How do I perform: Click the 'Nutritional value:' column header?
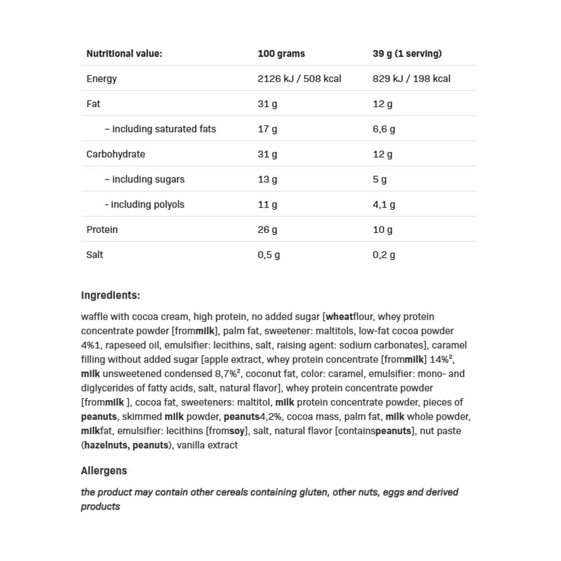(x=124, y=54)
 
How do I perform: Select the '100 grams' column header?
(x=281, y=54)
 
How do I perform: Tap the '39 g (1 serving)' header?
(x=407, y=54)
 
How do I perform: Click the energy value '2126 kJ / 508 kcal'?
(x=299, y=79)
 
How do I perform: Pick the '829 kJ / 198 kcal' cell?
(x=411, y=79)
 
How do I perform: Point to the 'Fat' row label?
(x=93, y=104)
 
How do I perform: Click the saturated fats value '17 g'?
(x=267, y=129)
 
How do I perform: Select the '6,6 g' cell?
(x=384, y=129)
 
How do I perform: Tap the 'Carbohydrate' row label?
(x=116, y=154)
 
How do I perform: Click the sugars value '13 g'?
(x=267, y=180)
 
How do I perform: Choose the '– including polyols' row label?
(x=144, y=205)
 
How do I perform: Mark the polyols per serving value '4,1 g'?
(x=384, y=205)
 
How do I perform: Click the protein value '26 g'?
(x=267, y=230)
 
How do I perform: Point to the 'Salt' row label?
(x=95, y=255)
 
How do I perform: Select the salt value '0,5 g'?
(x=269, y=255)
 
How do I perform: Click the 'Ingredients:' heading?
(x=111, y=296)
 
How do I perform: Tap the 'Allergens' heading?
(x=104, y=471)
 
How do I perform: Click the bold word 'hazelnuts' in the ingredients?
(x=105, y=445)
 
